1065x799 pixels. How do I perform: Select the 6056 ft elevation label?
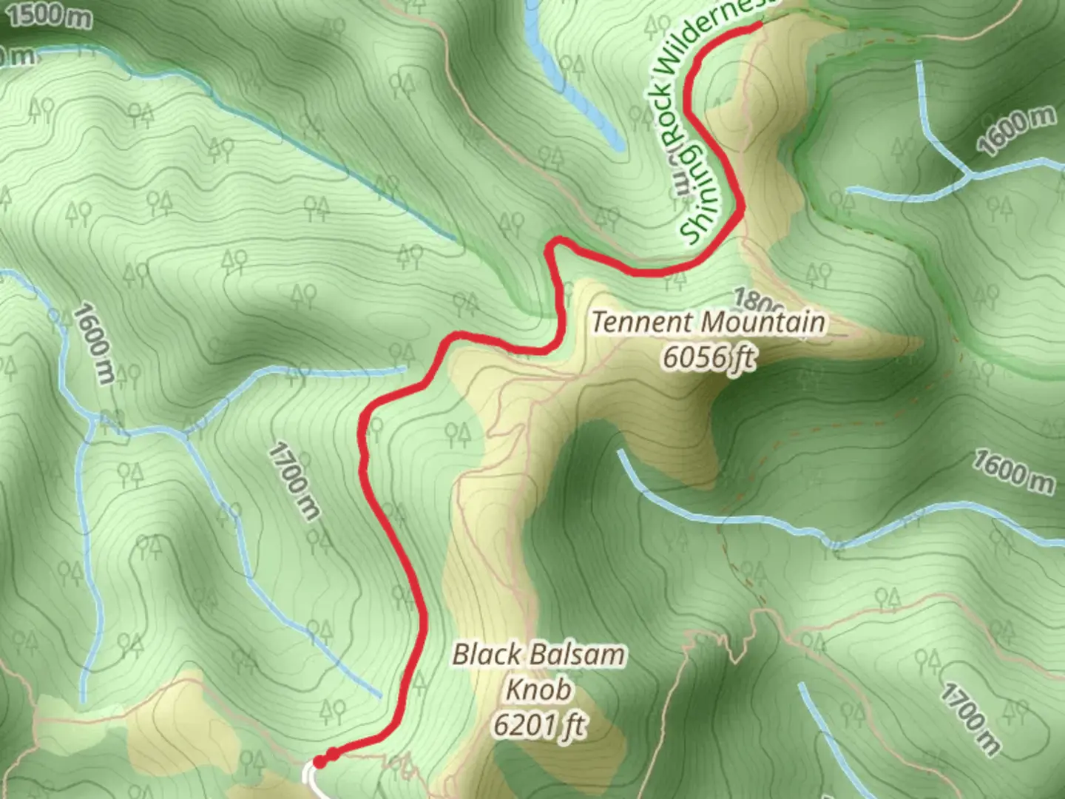point(709,357)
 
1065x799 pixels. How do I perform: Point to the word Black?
point(484,655)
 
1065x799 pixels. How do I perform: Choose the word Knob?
point(538,690)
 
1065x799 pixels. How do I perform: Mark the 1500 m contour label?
point(50,14)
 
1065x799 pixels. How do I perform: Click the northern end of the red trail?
point(759,26)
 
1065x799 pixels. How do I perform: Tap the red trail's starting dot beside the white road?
point(319,761)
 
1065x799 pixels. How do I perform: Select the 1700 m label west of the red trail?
point(294,481)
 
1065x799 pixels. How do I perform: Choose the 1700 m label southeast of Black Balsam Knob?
point(970,718)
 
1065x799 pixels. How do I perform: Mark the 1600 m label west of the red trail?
point(95,343)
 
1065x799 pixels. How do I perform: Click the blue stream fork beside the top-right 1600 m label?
point(967,175)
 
